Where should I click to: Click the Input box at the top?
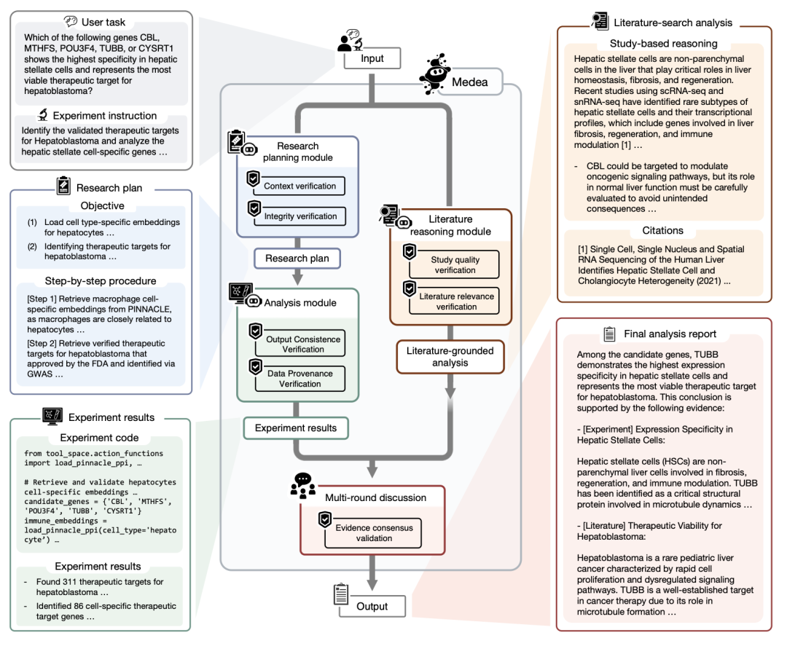tap(372, 58)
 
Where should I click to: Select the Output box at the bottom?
tap(372, 606)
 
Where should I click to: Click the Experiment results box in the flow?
tap(296, 428)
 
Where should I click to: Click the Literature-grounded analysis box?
tap(450, 356)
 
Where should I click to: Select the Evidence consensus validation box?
tap(374, 533)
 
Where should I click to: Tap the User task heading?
tap(101, 22)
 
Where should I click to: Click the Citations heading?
tap(662, 231)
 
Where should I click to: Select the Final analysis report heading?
tap(670, 334)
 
